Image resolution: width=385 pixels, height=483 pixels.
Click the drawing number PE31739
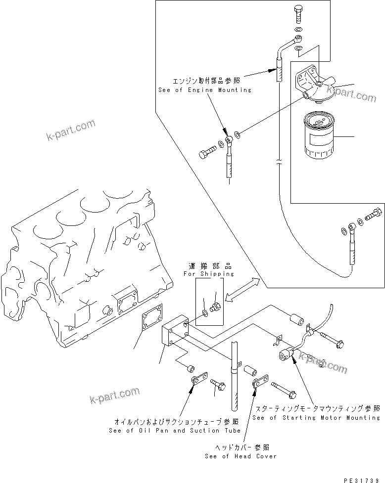362,479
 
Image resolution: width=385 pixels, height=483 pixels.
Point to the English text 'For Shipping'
209,273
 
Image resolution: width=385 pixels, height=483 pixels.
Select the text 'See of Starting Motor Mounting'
316,418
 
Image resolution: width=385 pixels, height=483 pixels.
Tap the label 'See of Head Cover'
241,456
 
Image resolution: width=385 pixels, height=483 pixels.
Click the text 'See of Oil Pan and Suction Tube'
174,431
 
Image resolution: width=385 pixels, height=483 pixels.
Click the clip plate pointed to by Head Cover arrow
261,384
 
